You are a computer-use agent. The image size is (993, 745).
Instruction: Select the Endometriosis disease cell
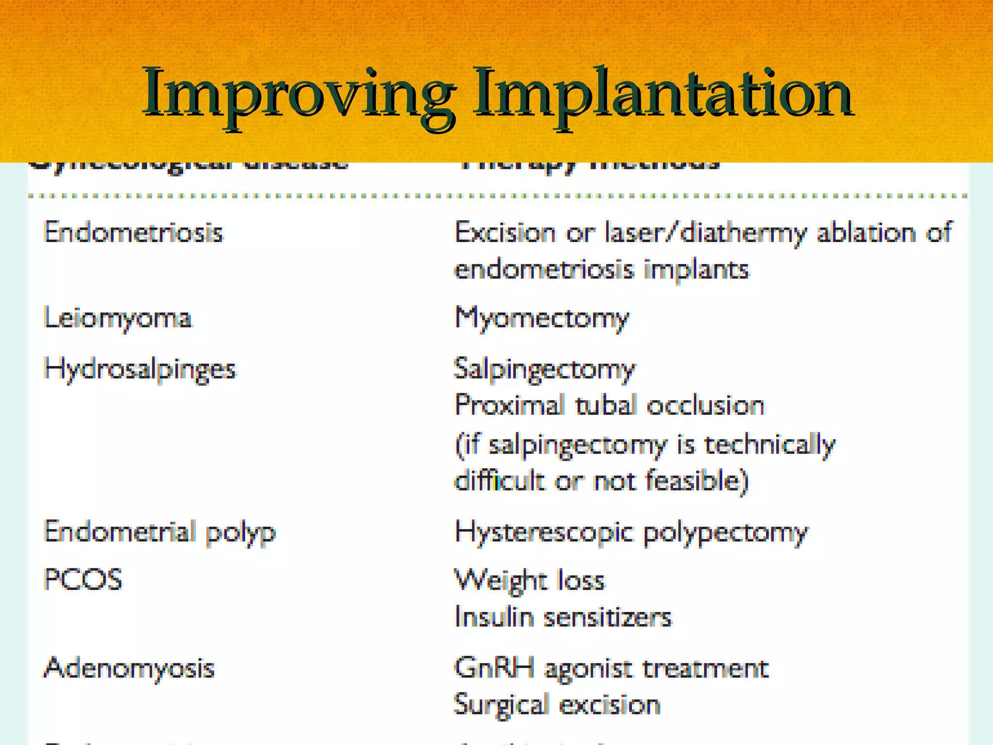[133, 232]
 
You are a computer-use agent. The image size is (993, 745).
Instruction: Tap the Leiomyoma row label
[118, 319]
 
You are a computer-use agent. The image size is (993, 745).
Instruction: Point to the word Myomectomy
[542, 319]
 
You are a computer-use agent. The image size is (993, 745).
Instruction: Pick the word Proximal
[510, 405]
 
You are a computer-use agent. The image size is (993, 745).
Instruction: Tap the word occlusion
[705, 405]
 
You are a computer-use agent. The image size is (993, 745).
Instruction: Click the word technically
[769, 445]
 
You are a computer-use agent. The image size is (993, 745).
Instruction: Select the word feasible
[697, 481]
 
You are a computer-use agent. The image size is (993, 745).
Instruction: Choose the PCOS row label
[83, 580]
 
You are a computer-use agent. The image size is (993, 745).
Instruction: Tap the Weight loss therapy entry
[530, 580]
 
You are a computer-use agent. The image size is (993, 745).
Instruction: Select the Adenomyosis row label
[129, 668]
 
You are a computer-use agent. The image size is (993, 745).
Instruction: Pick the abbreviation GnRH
[495, 667]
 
